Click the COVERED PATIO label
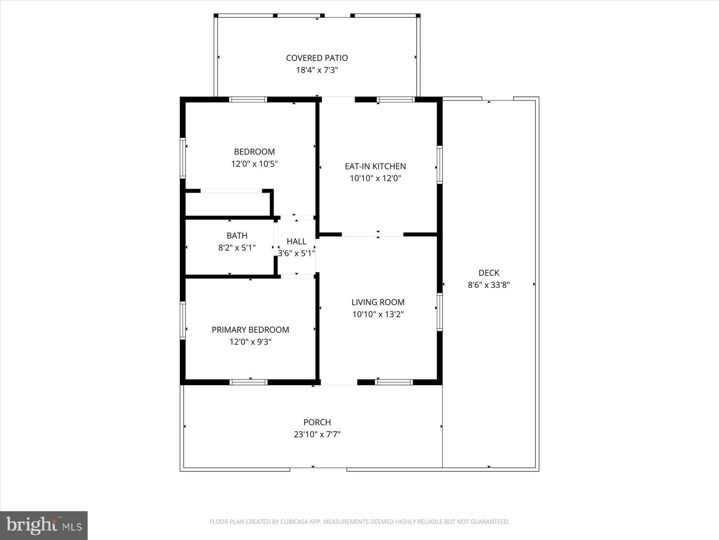point(317,58)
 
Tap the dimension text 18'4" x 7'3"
point(317,70)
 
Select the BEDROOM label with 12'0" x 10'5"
point(254,152)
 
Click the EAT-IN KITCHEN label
point(375,166)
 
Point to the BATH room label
point(237,236)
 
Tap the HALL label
point(296,242)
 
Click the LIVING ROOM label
point(378,302)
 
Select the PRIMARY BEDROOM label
point(250,330)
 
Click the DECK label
point(488,273)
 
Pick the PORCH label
point(317,422)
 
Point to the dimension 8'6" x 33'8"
point(488,285)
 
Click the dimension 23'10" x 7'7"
point(317,434)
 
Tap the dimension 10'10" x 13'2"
point(378,315)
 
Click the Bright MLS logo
point(44,525)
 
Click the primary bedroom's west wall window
point(183,320)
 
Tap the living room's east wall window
point(439,312)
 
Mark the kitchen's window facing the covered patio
point(395,99)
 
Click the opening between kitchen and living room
point(373,234)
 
